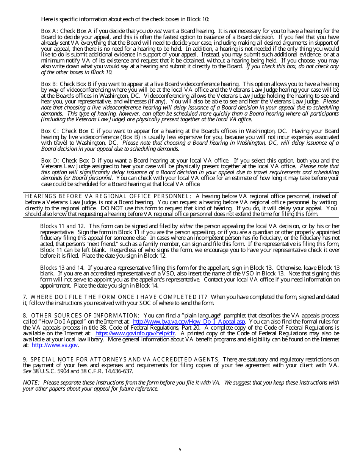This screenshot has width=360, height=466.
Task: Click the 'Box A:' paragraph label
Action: tap(50, 31)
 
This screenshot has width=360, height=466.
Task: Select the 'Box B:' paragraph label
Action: tap(50, 84)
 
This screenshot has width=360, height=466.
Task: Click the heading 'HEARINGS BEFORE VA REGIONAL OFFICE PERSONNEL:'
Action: tap(108, 196)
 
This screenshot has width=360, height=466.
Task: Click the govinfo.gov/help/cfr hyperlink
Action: tap(135, 333)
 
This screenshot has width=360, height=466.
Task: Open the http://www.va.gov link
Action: tap(55, 345)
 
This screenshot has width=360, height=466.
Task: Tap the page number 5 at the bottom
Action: tap(180, 450)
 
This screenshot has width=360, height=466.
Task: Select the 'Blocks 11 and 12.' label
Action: tap(63, 226)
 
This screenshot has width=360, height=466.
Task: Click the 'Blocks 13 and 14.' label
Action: tap(63, 268)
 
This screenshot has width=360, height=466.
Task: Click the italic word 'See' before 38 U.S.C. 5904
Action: tap(27, 371)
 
